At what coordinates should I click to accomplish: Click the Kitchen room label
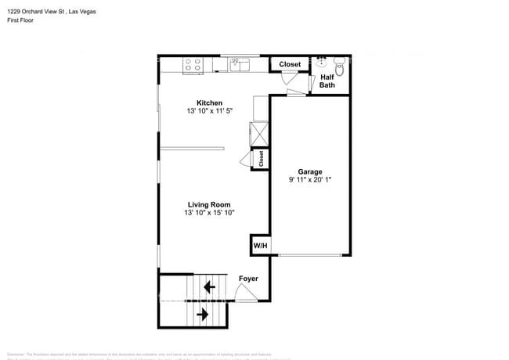coord(209,103)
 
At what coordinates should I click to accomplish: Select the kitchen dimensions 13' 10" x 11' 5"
coord(209,111)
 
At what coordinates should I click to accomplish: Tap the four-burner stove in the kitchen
coord(193,66)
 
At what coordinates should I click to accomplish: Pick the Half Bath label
coord(327,81)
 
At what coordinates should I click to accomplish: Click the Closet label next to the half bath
coord(290,64)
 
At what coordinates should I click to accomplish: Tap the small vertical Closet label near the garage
coord(261,159)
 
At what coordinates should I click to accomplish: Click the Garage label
coord(310,171)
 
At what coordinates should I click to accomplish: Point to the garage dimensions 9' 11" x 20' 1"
coord(310,180)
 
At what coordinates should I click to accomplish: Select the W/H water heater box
coord(260,246)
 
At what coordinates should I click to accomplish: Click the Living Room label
coord(209,204)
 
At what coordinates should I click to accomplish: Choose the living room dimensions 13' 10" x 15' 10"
coord(209,213)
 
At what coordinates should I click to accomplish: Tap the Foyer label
coord(248,279)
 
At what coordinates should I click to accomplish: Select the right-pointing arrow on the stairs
coord(204,315)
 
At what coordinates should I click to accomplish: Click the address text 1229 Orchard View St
coord(36,12)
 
